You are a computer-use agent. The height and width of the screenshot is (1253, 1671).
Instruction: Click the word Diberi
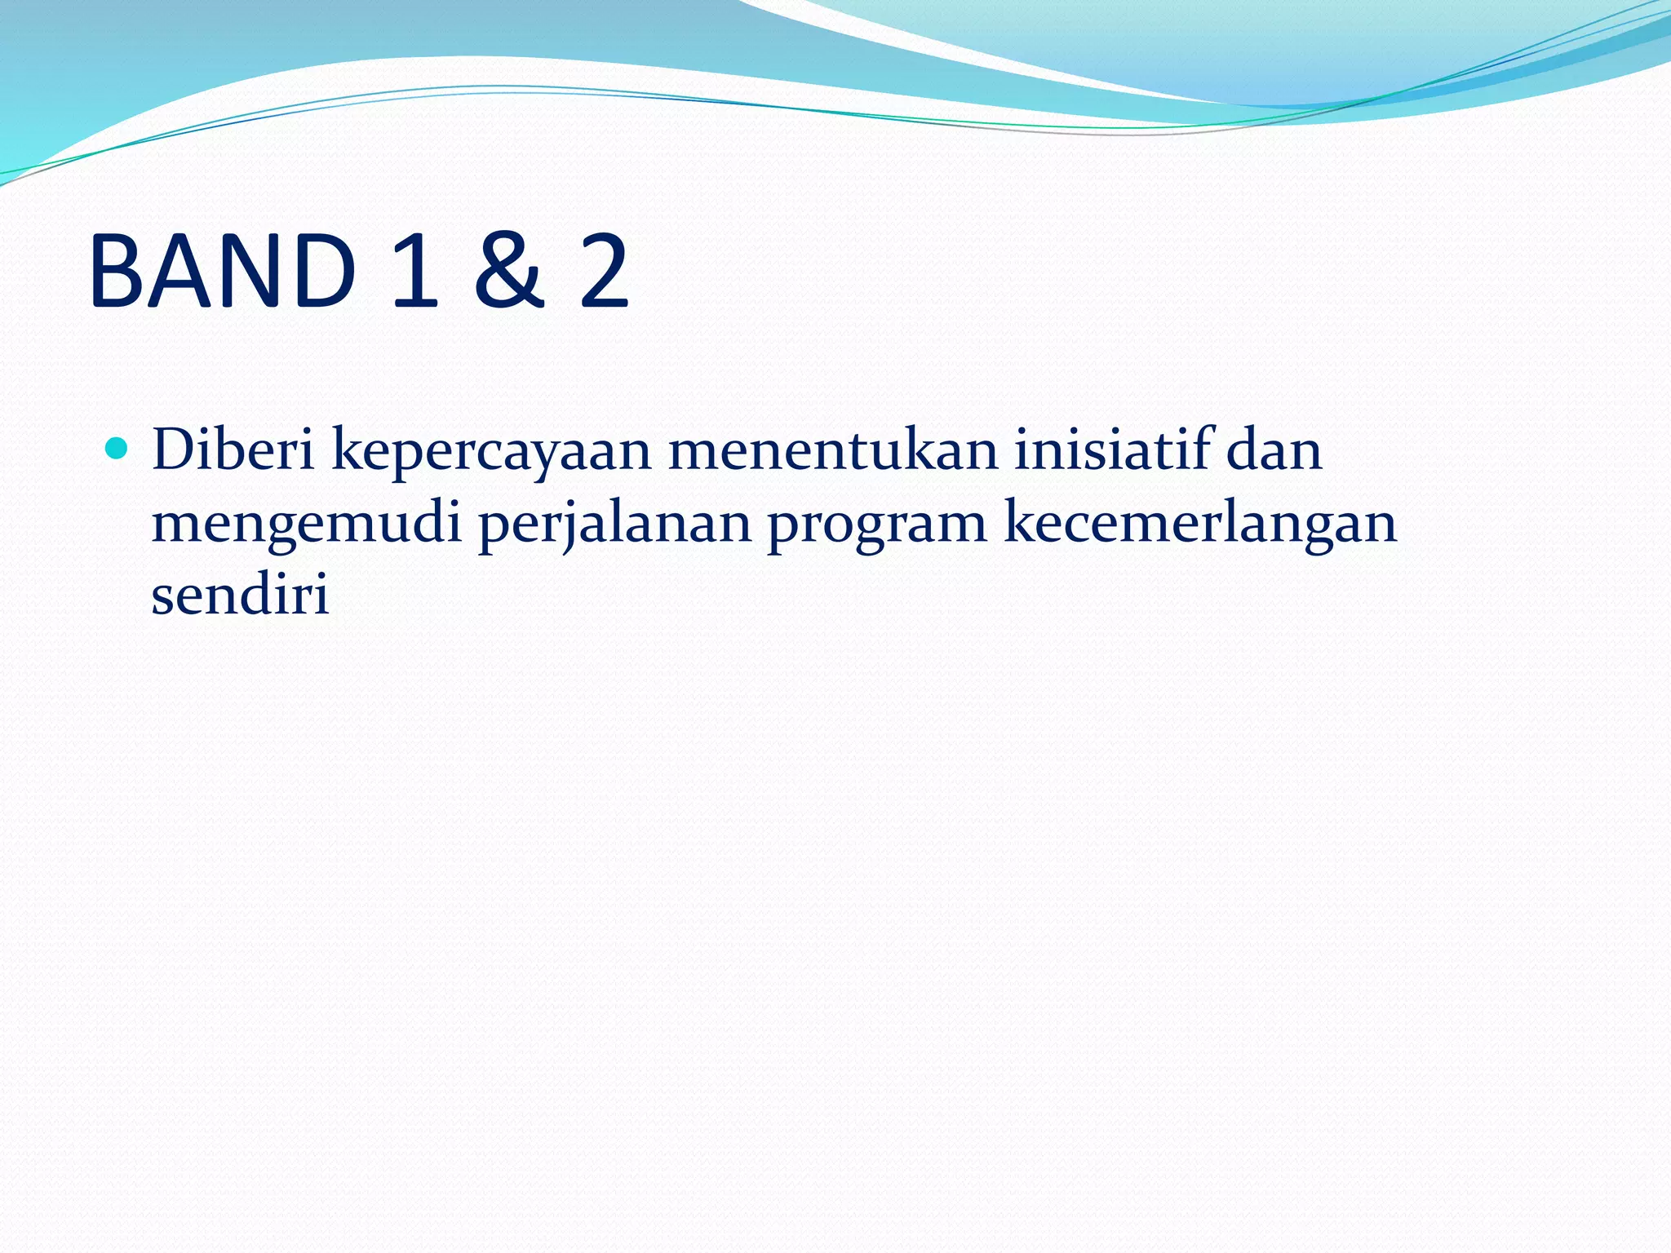click(x=233, y=449)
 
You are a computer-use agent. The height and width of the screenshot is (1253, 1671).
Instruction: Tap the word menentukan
click(x=833, y=449)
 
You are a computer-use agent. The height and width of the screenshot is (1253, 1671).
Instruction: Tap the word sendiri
click(x=240, y=594)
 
